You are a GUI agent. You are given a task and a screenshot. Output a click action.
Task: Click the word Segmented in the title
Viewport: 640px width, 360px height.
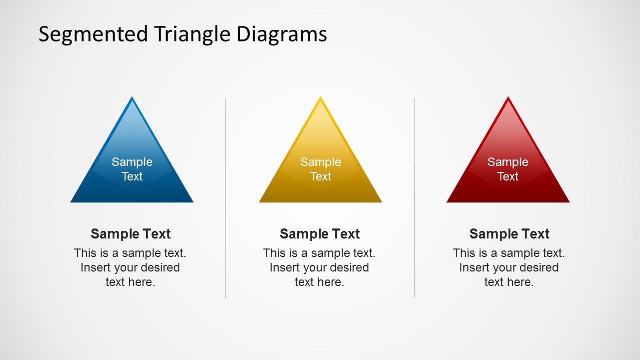(93, 34)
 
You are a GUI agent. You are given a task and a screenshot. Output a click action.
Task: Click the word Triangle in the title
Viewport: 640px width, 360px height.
(193, 34)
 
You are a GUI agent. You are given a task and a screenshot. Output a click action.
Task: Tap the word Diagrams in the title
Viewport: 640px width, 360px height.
(282, 33)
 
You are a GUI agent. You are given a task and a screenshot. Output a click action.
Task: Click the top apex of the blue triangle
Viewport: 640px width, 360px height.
(132, 96)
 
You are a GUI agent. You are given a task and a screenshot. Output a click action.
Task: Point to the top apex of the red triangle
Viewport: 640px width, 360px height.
(508, 96)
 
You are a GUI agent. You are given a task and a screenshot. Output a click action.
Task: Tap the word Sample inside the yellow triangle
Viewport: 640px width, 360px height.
(320, 162)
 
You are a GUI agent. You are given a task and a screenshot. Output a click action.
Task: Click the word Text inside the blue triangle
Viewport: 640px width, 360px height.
(132, 176)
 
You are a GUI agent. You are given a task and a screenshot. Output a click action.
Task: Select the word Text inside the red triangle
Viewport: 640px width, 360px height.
(508, 176)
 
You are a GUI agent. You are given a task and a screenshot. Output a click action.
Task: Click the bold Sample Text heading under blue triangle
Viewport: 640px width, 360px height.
(131, 234)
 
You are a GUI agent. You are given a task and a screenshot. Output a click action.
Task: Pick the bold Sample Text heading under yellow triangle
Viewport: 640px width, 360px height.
(320, 234)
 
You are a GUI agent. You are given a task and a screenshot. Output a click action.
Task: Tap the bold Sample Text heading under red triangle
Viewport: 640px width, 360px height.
(509, 234)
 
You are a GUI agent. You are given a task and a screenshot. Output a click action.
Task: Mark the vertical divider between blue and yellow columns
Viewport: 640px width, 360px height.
(226, 198)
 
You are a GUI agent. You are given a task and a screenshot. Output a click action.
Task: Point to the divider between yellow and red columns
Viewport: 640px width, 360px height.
(414, 198)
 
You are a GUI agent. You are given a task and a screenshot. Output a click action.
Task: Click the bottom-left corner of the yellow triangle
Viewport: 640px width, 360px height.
(259, 202)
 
